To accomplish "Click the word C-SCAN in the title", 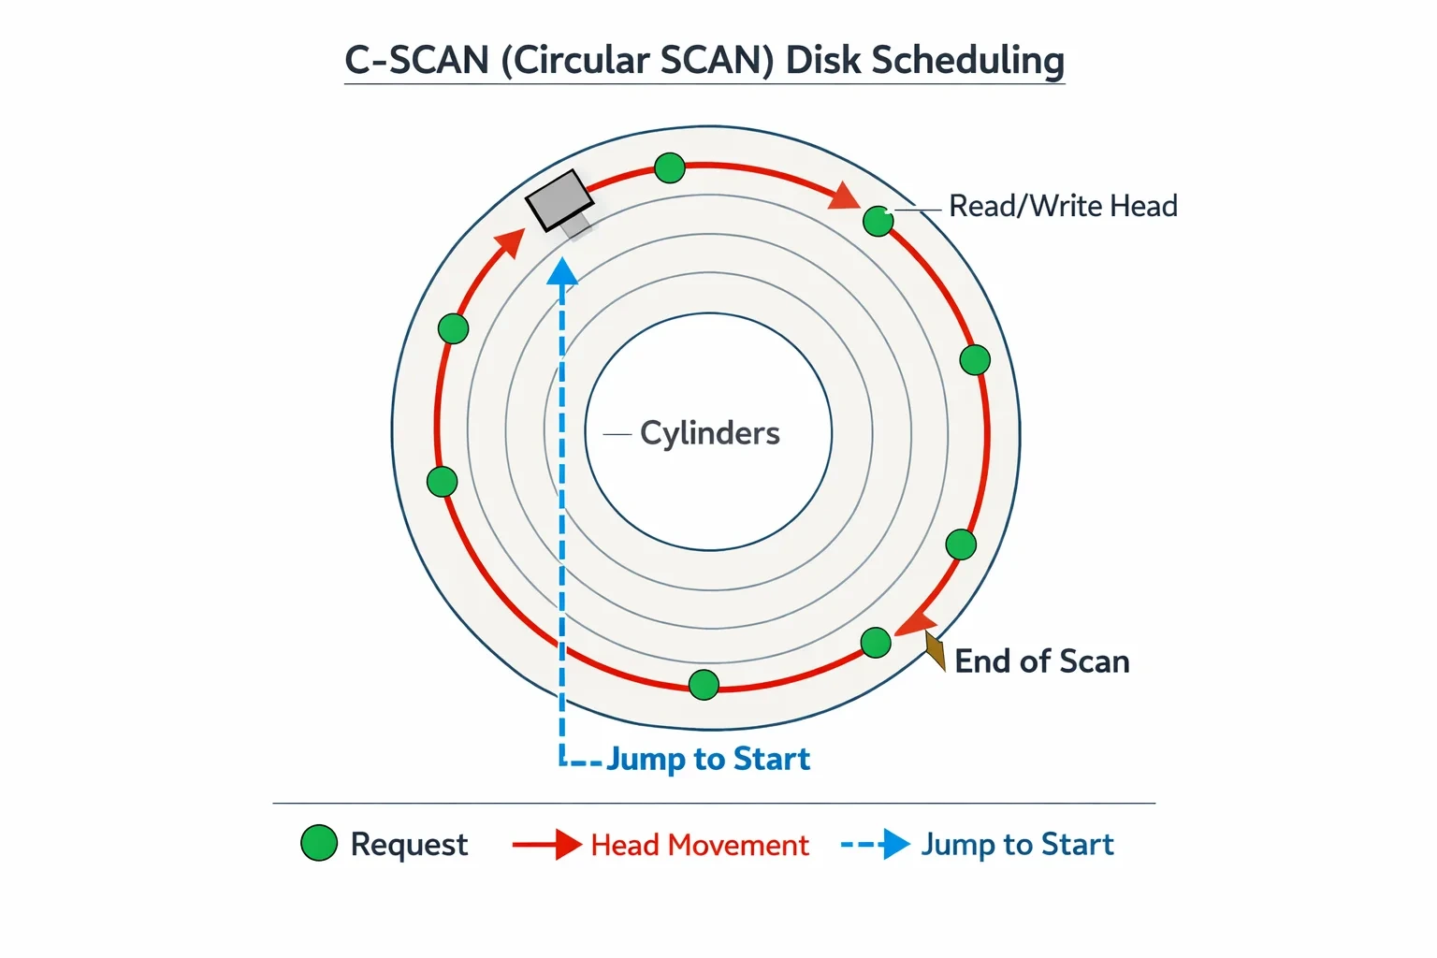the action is coord(417,60).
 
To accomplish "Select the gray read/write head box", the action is coord(559,199).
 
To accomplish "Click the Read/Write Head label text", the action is coord(1063,206).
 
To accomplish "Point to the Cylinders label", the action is coord(709,433).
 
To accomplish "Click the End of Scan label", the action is coord(1042,660).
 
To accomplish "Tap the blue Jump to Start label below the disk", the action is coord(708,759).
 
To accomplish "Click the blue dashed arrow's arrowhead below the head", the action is coord(562,270).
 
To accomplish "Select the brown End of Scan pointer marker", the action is coord(936,650).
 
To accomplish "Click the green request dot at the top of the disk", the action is coord(670,168).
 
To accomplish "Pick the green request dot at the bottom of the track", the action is coord(704,685).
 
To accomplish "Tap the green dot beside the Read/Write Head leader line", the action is coord(878,222).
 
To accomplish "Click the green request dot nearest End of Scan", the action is coord(876,643).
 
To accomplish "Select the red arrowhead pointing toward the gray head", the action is coord(512,242).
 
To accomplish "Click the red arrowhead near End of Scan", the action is coord(916,623).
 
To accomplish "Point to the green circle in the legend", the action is coord(319,843).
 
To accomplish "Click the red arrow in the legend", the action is coord(546,845).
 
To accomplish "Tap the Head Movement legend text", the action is coord(699,845).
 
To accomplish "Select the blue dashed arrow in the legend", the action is coord(876,844).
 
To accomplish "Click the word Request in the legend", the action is coord(409,845).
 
